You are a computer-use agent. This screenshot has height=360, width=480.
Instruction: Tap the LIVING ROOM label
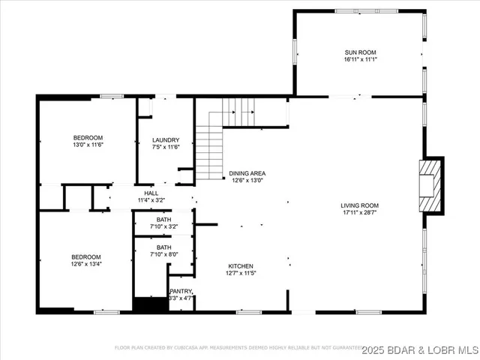[x=360, y=205]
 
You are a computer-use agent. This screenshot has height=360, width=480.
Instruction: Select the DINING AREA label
[x=247, y=173]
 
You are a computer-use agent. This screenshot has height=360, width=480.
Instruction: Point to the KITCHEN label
[x=241, y=266]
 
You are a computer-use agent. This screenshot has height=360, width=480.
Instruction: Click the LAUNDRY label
[x=166, y=140]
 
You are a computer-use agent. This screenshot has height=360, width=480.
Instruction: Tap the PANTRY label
[x=181, y=291]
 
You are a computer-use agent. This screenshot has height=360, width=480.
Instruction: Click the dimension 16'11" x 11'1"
[x=360, y=59]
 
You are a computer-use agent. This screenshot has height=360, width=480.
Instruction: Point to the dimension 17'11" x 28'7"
[x=360, y=213]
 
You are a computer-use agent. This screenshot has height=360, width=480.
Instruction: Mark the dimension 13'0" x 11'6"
[x=88, y=145]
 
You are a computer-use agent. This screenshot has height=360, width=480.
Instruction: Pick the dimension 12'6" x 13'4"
[x=88, y=264]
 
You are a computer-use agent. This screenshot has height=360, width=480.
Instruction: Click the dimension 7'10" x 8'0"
[x=163, y=254]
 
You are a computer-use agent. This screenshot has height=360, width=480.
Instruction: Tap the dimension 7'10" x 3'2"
[x=163, y=226]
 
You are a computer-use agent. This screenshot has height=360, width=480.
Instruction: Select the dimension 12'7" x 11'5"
[x=241, y=274]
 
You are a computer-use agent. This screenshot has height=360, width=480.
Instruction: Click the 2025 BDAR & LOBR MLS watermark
[x=420, y=350]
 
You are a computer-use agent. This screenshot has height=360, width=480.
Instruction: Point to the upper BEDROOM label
[x=88, y=137]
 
